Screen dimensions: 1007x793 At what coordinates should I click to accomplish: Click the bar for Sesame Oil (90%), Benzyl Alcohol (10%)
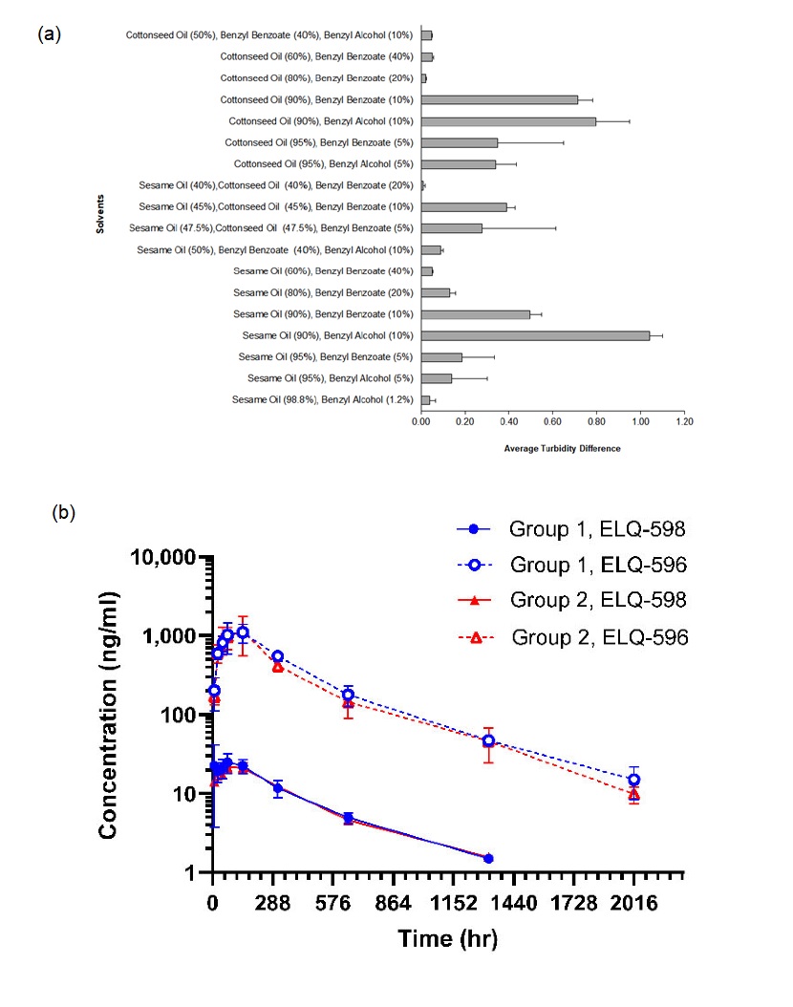click(x=535, y=335)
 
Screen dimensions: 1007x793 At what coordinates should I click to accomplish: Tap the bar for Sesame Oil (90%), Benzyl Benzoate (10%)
click(x=476, y=313)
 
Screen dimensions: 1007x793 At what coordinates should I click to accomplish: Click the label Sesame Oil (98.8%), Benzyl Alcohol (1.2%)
click(x=324, y=399)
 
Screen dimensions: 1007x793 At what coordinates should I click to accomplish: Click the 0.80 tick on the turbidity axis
click(x=596, y=420)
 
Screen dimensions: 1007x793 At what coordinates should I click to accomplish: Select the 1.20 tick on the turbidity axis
click(x=683, y=420)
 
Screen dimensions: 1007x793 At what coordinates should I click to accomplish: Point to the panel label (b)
click(x=63, y=512)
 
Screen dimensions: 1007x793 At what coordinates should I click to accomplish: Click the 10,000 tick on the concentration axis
click(x=168, y=557)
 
